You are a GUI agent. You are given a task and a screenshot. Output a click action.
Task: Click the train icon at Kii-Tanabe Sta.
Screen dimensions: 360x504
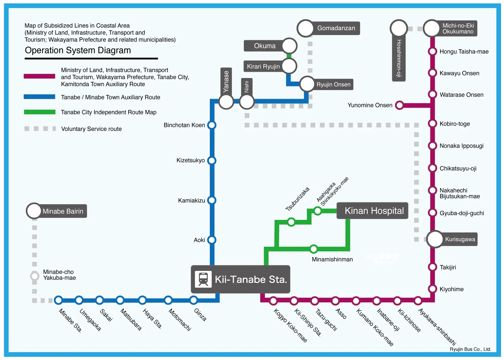pos(203,279)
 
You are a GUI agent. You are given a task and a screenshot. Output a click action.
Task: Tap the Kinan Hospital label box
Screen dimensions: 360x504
pos(372,210)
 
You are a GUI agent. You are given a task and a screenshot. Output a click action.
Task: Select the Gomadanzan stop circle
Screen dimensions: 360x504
pos(305,28)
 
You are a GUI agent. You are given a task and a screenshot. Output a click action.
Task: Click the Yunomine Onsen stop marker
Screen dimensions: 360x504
pos(399,105)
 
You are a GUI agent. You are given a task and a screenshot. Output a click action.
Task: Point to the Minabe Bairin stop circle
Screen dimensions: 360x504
pos(34,211)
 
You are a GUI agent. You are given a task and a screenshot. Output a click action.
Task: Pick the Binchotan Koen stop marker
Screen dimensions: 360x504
pos(212,125)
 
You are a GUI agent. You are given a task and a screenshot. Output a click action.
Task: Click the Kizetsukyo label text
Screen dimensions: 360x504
pos(190,160)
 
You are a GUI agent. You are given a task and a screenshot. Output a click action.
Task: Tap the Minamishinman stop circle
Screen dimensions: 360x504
pos(314,249)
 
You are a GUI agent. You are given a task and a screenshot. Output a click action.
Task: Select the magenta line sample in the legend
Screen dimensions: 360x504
pos(39,77)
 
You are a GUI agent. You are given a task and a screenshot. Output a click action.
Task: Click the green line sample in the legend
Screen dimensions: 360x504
pos(39,112)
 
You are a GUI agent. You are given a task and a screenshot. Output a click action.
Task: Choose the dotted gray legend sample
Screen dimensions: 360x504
pos(40,129)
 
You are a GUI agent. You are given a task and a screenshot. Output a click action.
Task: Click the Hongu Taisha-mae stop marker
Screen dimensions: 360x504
pos(433,51)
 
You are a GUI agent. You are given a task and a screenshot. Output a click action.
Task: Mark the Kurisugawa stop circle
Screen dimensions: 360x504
pos(435,239)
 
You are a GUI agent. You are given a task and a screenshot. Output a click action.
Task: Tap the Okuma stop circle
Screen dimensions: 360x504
pos(289,46)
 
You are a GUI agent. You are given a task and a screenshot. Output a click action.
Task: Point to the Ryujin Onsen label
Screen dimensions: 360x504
pos(333,84)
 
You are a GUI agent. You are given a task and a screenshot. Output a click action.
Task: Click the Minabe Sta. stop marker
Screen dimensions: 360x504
pos(58,300)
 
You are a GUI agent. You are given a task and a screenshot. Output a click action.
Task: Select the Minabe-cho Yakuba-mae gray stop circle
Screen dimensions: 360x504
pos(35,276)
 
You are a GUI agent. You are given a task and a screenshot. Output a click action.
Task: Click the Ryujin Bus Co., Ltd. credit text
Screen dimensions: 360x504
pos(470,349)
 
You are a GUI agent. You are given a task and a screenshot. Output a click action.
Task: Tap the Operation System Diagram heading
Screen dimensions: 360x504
pos(78,50)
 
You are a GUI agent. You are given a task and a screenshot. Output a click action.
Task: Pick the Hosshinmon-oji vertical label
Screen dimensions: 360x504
pos(399,59)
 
